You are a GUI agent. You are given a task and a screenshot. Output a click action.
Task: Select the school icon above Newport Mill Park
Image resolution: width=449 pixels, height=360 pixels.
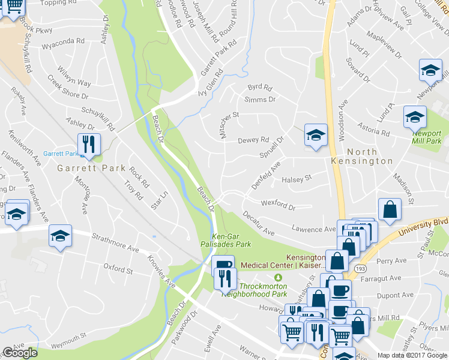pyautogui.click(x=414, y=117)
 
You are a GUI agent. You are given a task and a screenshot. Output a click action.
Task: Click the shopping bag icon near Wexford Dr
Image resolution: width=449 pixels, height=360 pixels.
pyautogui.click(x=390, y=211)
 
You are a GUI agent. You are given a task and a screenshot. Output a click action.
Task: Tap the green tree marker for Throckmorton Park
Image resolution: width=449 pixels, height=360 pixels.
pyautogui.click(x=277, y=278)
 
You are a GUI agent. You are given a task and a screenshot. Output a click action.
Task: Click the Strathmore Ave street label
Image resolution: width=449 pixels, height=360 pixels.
pyautogui.click(x=115, y=245)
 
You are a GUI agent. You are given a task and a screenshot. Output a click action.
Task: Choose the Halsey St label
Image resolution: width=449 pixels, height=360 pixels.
pyautogui.click(x=297, y=179)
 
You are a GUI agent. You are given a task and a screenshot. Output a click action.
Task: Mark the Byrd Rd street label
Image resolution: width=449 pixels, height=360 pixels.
pyautogui.click(x=259, y=88)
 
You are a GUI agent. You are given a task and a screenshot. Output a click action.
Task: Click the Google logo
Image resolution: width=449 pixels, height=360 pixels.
pyautogui.click(x=19, y=353)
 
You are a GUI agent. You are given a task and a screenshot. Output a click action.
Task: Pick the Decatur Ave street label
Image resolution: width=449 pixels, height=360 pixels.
pyautogui.click(x=259, y=223)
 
